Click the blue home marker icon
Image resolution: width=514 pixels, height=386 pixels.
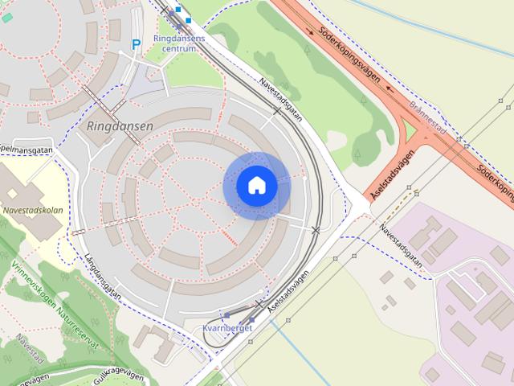click(256, 186)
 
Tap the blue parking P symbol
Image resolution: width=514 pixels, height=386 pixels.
click(137, 44)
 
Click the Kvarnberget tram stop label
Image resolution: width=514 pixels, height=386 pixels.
click(228, 328)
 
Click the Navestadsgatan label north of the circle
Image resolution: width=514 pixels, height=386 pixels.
click(280, 99)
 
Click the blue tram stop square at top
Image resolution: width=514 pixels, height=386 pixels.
click(189, 19)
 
